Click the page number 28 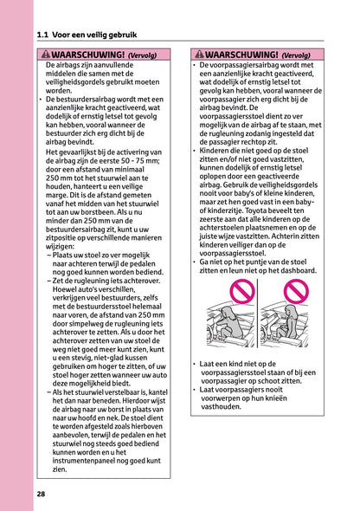42,495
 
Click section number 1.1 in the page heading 45,36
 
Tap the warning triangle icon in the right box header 199,54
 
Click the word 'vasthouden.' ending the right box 228,405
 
